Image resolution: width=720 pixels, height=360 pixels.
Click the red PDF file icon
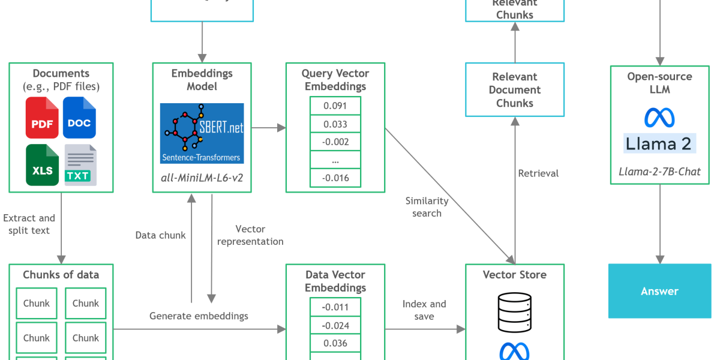pos(42,118)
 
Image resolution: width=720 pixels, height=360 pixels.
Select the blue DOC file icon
pos(79,118)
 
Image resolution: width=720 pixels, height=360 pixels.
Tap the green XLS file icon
pos(42,165)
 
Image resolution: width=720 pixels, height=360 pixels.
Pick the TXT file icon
pos(80,165)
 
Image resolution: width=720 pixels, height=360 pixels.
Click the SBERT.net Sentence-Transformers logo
pos(202,133)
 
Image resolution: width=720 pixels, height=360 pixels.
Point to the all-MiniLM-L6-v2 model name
pos(202,178)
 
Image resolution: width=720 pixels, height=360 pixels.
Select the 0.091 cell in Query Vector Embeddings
pos(335,106)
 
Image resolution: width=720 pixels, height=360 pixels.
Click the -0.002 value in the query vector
pos(335,142)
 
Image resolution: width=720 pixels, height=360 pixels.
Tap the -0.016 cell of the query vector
pos(335,178)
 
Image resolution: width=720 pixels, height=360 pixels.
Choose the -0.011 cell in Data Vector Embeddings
pos(335,307)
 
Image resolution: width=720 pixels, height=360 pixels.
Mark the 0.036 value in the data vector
pos(335,343)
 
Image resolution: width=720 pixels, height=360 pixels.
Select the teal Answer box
pos(659,291)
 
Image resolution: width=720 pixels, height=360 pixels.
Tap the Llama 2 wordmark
pos(659,144)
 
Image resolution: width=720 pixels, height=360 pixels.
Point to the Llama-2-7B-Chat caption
pos(659,172)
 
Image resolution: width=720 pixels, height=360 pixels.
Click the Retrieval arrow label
pos(538,173)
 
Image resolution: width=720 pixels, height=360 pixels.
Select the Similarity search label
pos(427,207)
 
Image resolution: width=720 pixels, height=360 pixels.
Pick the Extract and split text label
pos(29,224)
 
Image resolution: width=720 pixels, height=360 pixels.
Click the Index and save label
pos(424,310)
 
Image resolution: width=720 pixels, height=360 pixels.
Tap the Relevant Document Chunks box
pos(514,90)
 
